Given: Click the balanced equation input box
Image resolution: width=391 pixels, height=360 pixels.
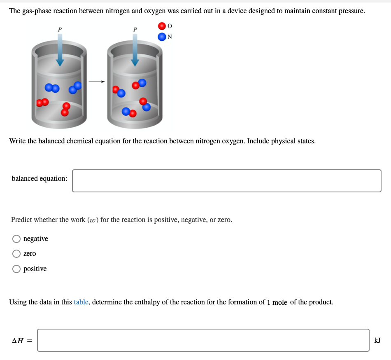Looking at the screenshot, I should click(x=226, y=181).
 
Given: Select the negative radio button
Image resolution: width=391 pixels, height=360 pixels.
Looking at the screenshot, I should click(x=16, y=239).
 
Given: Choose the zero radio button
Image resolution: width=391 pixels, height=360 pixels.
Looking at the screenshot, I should click(x=16, y=254).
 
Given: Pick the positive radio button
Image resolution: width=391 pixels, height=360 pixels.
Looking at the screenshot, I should click(x=16, y=269).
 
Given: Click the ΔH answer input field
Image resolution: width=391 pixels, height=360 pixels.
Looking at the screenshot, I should click(x=203, y=340).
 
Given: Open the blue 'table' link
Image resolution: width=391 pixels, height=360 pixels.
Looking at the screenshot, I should click(x=81, y=302).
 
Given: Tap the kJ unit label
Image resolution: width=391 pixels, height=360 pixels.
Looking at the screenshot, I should click(x=377, y=340).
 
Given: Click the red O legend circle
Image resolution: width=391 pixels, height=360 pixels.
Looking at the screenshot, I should click(x=162, y=26).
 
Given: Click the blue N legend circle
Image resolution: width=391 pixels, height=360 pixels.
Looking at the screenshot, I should click(x=162, y=37).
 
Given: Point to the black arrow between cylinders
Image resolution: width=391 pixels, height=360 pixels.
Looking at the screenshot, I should click(x=97, y=82).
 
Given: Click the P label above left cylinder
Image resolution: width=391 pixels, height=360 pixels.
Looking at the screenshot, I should click(x=60, y=29).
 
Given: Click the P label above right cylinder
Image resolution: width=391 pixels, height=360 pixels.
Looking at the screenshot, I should click(x=135, y=29).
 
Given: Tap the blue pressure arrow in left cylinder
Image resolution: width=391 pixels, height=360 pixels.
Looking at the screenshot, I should click(x=60, y=49).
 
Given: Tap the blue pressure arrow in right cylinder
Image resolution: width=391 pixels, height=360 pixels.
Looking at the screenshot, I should click(x=135, y=49).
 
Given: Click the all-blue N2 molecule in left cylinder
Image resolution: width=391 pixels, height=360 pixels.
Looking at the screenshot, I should click(x=52, y=88).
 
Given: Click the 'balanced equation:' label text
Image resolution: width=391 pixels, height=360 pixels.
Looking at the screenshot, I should click(x=40, y=178).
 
